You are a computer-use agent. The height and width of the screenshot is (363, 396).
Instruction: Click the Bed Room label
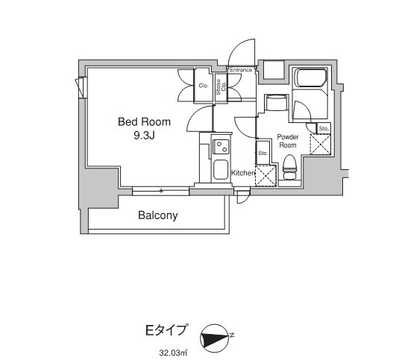[x=144, y=121]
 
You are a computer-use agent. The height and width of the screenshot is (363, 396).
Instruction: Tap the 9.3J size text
[x=144, y=135]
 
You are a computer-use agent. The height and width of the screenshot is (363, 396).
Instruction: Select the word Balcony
[x=157, y=216]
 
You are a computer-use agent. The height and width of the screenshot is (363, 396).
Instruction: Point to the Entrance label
[x=240, y=70]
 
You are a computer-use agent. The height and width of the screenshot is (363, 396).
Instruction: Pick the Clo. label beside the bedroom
[x=203, y=86]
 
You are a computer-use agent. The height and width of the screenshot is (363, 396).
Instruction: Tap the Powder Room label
[x=287, y=141]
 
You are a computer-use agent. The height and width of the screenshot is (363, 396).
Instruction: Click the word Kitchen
[x=243, y=173]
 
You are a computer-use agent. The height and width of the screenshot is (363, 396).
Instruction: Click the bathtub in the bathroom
[x=311, y=78]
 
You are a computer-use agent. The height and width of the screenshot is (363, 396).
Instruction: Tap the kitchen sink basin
[x=221, y=170]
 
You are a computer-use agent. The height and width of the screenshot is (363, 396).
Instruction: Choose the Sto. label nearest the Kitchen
[x=263, y=154]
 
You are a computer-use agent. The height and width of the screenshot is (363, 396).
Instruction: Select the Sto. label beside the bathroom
[x=324, y=129]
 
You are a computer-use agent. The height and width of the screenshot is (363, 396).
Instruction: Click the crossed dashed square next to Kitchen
[x=265, y=176]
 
